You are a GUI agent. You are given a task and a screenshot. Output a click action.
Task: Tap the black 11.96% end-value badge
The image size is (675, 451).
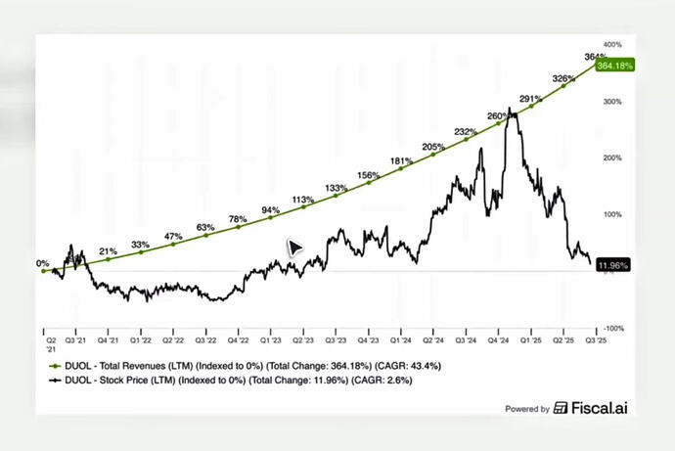coord(612,264)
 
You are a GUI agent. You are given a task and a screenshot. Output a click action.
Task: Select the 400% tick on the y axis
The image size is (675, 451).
coord(613,44)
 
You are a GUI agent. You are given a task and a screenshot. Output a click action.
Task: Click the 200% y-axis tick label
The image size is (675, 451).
coord(613,157)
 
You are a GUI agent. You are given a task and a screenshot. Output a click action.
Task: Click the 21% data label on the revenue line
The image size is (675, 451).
coord(108,250)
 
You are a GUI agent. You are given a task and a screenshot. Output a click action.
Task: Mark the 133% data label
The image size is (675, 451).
coord(336,188)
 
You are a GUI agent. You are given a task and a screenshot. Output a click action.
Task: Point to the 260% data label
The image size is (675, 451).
coord(498,115)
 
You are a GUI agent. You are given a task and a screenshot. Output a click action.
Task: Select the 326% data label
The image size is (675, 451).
coord(563,77)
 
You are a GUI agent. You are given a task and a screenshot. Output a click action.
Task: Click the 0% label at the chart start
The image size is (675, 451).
coord(42,263)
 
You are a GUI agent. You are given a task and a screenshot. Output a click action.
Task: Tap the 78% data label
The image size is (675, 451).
coord(238,219)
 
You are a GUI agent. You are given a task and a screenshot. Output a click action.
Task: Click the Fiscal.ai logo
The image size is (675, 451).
coord(591,408)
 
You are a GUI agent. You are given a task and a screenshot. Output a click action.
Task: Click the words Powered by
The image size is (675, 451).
coord(526,409)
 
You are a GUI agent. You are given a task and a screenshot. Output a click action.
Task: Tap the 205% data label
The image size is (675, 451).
coord(433,147)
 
